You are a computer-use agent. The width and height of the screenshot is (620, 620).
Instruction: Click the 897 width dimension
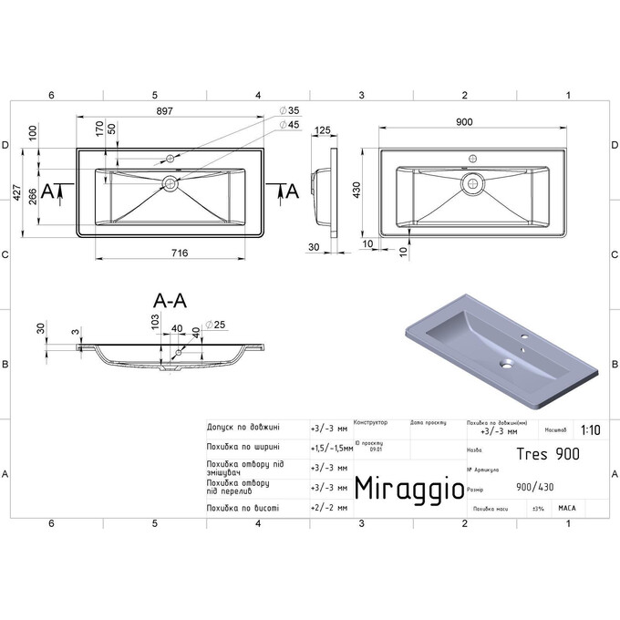click(164, 108)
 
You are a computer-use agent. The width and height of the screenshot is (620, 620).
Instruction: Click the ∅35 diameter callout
click(288, 110)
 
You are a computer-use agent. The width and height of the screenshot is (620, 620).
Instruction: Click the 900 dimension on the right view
click(463, 121)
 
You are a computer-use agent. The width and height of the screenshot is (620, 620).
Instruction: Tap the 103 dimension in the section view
click(155, 321)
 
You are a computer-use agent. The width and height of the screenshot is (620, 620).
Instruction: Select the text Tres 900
click(547, 452)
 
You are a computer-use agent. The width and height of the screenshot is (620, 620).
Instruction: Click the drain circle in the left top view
click(170, 183)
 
